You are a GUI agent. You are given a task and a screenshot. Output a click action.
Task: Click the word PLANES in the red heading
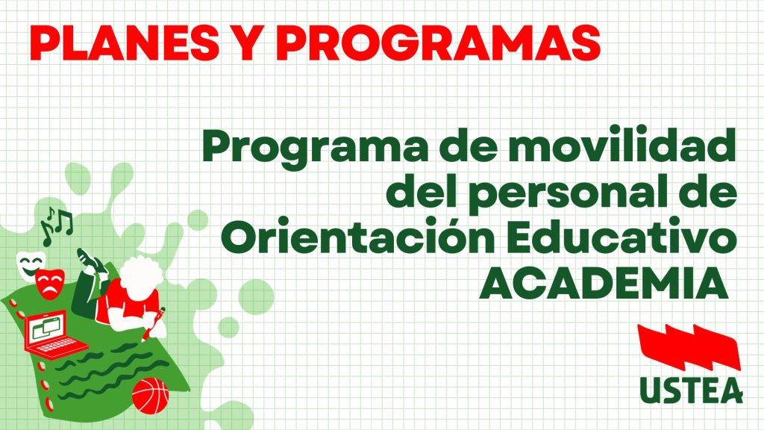point(125,42)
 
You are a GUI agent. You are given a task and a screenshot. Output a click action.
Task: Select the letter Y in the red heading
point(248,42)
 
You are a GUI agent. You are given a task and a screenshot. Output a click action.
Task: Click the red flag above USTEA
point(689,348)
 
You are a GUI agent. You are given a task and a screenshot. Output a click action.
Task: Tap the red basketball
point(151,396)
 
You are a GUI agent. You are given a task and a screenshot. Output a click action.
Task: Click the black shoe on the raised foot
point(91,261)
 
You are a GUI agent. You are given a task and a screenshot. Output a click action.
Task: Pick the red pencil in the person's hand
point(154,322)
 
